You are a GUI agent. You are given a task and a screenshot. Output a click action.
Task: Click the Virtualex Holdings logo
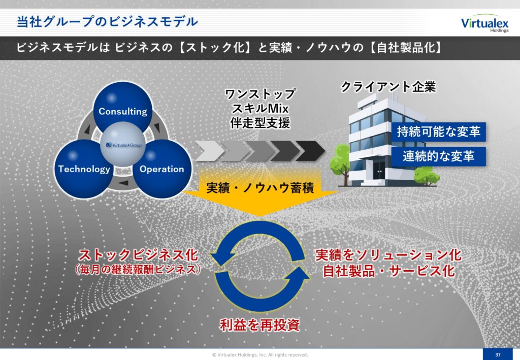click(484, 23)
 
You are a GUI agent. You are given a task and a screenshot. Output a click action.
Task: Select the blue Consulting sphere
click(123, 108)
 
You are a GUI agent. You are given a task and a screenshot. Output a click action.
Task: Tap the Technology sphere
click(84, 169)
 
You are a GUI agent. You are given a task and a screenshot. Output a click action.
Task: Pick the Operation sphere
click(162, 169)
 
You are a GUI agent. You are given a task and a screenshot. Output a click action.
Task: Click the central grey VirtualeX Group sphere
click(123, 145)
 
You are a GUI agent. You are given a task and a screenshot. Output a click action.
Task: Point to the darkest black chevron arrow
click(310, 151)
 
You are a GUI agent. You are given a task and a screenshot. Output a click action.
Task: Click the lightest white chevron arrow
click(209, 151)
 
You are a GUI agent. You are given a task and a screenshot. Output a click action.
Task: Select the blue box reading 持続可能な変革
click(438, 132)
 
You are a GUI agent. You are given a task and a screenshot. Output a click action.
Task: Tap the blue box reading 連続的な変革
click(438, 156)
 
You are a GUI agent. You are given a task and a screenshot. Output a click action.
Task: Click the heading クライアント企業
click(388, 87)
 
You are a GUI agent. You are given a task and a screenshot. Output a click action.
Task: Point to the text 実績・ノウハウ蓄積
click(260, 188)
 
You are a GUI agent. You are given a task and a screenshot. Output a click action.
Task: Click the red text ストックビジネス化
click(138, 255)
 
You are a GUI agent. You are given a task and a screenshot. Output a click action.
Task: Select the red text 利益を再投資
click(260, 325)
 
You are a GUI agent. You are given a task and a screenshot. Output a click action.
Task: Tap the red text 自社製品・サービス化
click(388, 271)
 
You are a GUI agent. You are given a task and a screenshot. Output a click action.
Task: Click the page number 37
click(498, 355)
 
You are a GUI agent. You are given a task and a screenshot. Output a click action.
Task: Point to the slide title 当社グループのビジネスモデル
click(107, 22)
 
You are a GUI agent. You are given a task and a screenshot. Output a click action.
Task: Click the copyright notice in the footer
click(260, 355)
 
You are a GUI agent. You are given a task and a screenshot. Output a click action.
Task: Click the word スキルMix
click(260, 108)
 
